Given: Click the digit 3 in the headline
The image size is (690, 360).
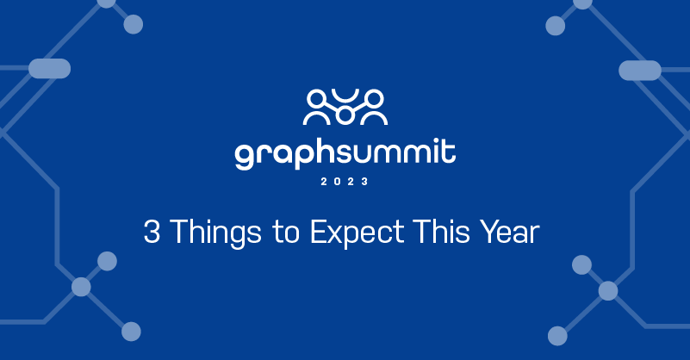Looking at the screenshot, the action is (152, 232).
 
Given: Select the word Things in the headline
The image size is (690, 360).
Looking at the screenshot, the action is (215, 233).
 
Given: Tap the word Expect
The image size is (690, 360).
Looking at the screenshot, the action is (357, 233).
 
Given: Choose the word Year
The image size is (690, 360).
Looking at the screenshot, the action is (510, 232).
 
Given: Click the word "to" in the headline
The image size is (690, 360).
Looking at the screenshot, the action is (286, 233).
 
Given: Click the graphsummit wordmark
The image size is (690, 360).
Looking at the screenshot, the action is (345, 154).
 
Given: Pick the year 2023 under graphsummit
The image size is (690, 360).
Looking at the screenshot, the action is (345, 182).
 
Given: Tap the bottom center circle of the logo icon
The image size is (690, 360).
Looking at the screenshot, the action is (345, 115).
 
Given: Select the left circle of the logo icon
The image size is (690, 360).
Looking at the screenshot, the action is (315, 98).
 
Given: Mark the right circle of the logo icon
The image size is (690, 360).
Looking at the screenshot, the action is (375, 98).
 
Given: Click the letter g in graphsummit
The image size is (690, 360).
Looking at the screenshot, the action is (246, 157).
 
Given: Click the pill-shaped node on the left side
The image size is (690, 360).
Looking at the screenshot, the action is (49, 69).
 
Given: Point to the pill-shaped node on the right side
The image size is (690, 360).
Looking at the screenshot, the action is (640, 71).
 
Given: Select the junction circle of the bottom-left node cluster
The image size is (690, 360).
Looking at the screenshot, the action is (81, 287).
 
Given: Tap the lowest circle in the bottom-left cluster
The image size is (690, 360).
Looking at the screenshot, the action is (131, 332).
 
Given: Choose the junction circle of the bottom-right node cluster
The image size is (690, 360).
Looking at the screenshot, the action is (608, 291).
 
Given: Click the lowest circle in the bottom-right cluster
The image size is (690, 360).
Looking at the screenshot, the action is (557, 336).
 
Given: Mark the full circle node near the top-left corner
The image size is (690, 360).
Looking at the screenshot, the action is (134, 24).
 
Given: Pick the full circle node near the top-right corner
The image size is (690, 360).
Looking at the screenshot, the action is (556, 26).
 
